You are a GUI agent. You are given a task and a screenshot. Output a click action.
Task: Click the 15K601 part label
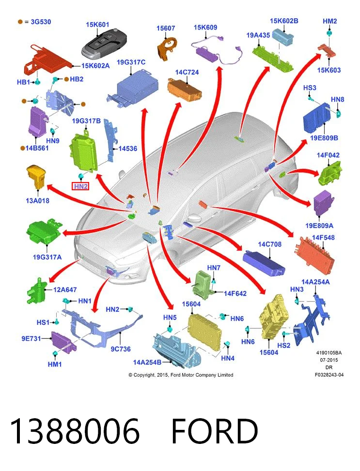coord(97,25)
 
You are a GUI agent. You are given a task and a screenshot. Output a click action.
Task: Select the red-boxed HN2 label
coord(80,186)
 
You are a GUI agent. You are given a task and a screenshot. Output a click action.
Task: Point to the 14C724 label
coord(187,72)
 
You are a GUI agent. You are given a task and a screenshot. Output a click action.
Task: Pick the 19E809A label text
coord(319,226)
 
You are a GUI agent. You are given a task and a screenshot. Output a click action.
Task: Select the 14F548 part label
coord(323,237)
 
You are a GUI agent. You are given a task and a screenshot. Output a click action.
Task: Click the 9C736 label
coord(121,349)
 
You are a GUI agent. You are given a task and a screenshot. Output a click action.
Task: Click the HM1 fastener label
coord(55,364)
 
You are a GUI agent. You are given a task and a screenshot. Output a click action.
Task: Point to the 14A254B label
coord(147,362)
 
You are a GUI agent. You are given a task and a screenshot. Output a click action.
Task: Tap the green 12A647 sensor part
coord(37,291)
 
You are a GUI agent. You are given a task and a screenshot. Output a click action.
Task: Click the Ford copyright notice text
coord(181,375)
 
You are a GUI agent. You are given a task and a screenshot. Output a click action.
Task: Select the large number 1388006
coord(75,431)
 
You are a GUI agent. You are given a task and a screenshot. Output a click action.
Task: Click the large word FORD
coord(215,431)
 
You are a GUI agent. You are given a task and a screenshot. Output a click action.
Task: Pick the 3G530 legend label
coord(41,22)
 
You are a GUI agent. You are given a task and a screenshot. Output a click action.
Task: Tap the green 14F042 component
coord(330,173)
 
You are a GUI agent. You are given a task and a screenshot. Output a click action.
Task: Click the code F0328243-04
coord(329,375)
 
